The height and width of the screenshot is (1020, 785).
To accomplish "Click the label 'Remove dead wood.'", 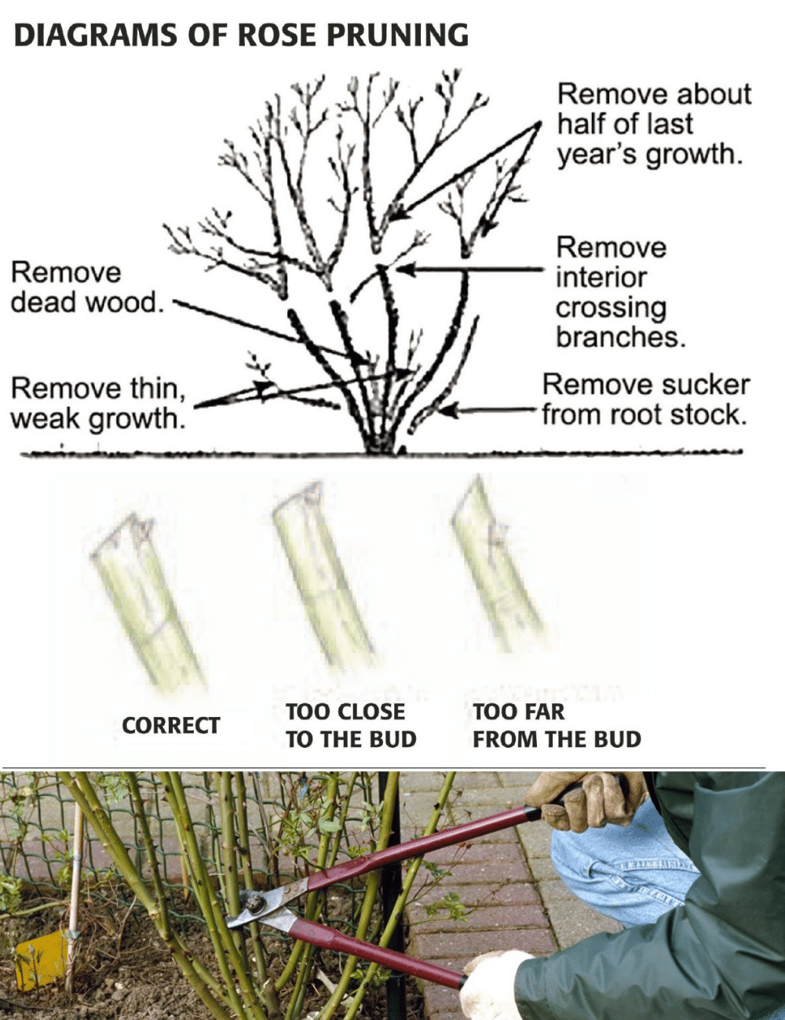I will point(86,287).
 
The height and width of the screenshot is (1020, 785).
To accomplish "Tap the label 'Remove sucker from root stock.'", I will point(645,399).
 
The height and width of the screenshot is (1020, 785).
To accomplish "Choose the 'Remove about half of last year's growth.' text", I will point(653,124).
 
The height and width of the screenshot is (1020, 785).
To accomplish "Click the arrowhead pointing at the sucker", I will point(448,409).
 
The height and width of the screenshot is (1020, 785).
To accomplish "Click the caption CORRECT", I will point(171,726).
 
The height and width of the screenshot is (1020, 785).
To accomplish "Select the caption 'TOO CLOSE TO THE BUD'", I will point(350,726).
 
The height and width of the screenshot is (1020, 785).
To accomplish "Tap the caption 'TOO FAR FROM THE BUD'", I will point(556,726).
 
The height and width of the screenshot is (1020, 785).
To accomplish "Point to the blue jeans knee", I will point(620,863).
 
